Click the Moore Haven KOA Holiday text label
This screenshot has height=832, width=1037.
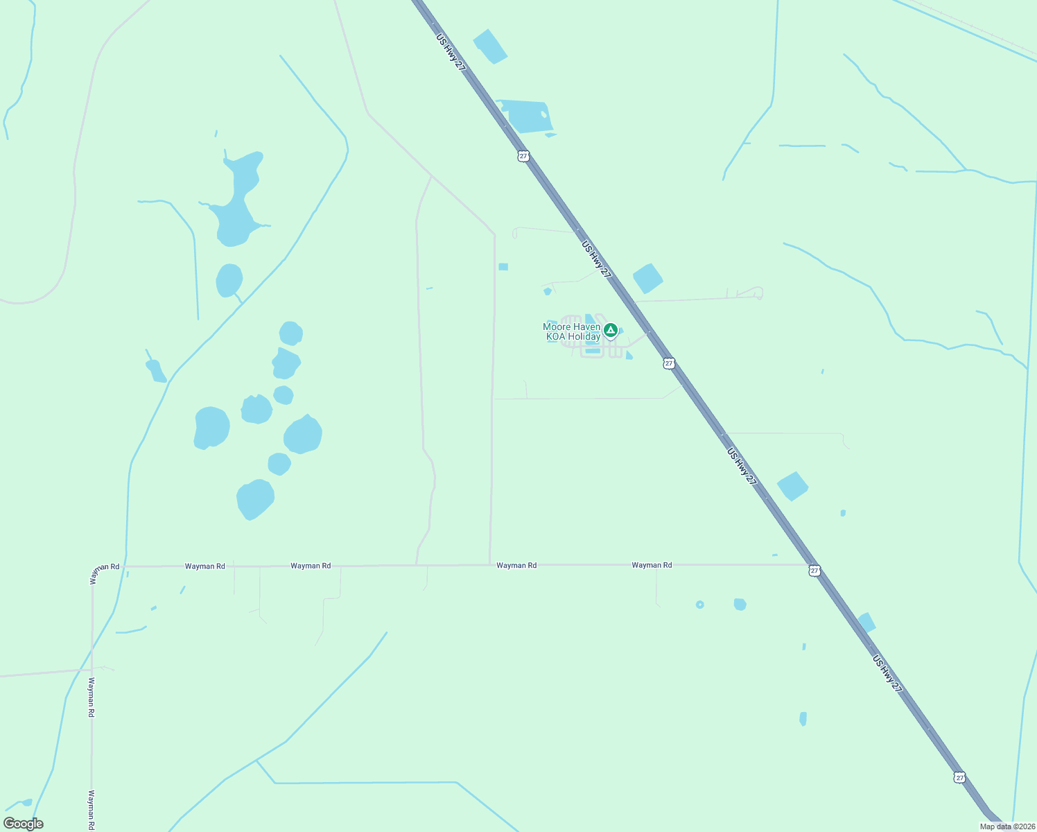[x=571, y=331]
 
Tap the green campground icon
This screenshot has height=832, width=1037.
[x=610, y=330]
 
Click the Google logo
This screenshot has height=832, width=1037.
[x=24, y=824]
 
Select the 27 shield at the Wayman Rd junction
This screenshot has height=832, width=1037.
[x=814, y=571]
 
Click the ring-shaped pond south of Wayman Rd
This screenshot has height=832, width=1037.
[x=699, y=605]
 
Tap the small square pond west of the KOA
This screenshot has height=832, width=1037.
[x=503, y=267]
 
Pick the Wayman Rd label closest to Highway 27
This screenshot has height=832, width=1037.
[x=652, y=565]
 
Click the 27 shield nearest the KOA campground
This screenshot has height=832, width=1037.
[x=668, y=363]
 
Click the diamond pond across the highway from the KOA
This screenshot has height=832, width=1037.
[x=647, y=278]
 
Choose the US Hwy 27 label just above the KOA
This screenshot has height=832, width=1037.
[x=596, y=259]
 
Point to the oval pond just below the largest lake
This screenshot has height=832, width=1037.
[x=229, y=280]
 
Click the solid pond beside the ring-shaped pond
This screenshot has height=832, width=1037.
[x=740, y=604]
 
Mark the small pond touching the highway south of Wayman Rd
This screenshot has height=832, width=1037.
[x=866, y=623]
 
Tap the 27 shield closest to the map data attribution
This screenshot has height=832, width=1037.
[x=959, y=777]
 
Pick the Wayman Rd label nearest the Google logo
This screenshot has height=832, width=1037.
[x=91, y=810]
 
